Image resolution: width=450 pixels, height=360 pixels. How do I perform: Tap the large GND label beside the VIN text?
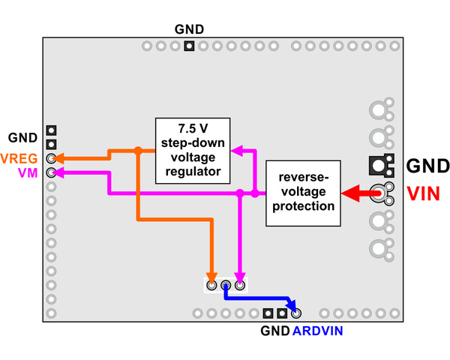(427, 166)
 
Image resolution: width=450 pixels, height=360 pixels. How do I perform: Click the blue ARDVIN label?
(317, 331)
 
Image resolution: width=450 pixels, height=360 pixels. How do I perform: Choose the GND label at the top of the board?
(189, 30)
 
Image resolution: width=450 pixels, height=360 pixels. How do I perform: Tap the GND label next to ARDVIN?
(274, 331)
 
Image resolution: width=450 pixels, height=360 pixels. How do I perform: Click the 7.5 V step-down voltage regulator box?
(193, 151)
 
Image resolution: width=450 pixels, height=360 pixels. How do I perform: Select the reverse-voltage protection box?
(304, 193)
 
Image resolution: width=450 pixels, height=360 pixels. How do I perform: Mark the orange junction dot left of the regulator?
(138, 151)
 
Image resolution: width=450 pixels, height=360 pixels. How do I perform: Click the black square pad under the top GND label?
(189, 46)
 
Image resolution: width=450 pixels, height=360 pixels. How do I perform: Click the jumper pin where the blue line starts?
(225, 285)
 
